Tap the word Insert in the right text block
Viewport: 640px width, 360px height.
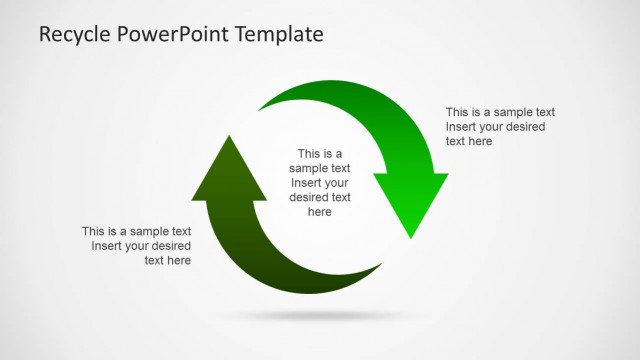tap(462, 127)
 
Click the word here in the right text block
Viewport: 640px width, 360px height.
tap(480, 142)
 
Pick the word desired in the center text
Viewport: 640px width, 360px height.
tap(309, 197)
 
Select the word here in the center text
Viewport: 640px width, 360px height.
tap(320, 212)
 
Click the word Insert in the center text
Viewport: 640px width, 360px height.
tap(306, 183)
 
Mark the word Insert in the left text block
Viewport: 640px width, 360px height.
tap(107, 246)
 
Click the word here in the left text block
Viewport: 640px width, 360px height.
tap(180, 261)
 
